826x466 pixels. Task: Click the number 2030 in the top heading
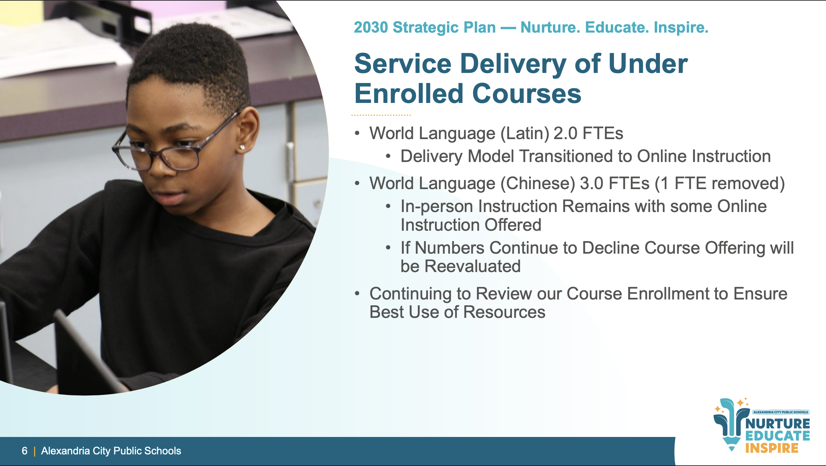tap(371, 27)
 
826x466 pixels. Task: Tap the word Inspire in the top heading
tap(681, 28)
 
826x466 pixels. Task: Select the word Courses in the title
tap(526, 94)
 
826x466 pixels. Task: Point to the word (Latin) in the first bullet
tap(525, 134)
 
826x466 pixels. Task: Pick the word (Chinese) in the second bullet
tap(538, 184)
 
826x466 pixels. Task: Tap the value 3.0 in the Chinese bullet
tap(592, 183)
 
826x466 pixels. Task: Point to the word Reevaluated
tap(472, 266)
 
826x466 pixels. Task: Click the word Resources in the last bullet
tap(504, 312)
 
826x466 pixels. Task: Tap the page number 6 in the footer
tap(25, 451)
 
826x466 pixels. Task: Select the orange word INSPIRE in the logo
tap(772, 448)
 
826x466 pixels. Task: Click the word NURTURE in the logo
tap(778, 423)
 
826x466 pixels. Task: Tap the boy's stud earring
tap(242, 147)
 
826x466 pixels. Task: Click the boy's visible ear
tap(247, 132)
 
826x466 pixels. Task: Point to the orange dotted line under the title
tap(381, 115)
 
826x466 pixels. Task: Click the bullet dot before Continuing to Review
tap(357, 294)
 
